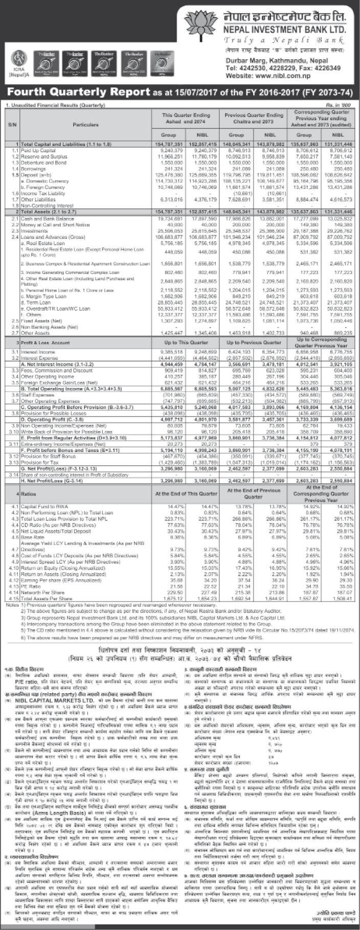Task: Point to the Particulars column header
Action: point(84,124)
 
